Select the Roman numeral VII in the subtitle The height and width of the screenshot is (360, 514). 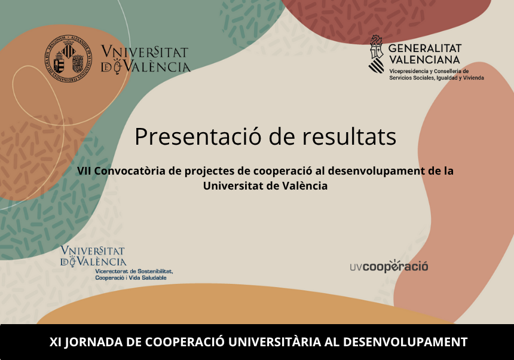(84, 171)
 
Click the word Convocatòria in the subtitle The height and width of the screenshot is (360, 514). (130, 171)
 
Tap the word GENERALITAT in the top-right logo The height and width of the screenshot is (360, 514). (425, 48)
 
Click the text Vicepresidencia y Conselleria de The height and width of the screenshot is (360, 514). (429, 71)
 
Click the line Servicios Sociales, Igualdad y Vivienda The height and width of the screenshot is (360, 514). (436, 78)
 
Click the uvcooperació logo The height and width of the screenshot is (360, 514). (389, 266)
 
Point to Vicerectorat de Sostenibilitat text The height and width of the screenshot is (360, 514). (134, 271)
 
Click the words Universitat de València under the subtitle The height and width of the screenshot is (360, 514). (265, 186)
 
